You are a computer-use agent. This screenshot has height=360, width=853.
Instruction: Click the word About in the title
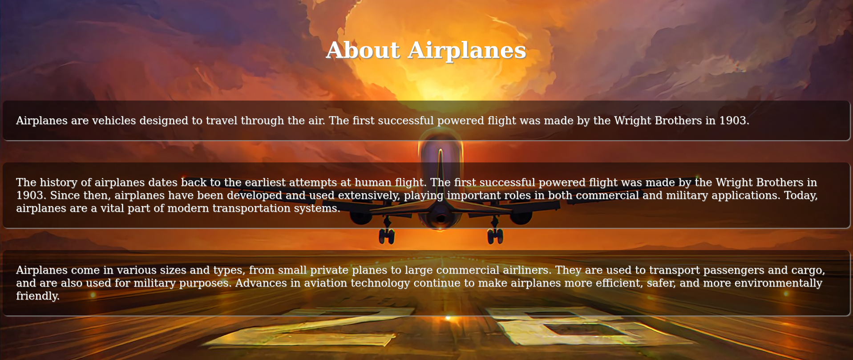tap(363, 50)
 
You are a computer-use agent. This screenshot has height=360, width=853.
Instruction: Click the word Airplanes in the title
tap(467, 50)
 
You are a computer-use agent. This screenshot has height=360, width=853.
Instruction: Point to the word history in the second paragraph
tap(58, 182)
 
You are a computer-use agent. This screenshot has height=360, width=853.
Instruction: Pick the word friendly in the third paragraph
tap(37, 296)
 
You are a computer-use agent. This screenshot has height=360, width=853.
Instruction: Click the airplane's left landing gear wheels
tap(386, 236)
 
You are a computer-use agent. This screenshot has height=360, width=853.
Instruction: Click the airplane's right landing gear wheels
tap(495, 236)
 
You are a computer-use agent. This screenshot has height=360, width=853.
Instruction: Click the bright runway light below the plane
tap(448, 318)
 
